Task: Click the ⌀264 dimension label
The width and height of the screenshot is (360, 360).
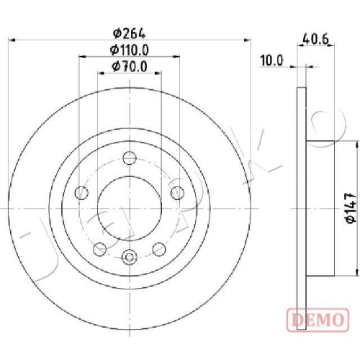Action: [x=130, y=34]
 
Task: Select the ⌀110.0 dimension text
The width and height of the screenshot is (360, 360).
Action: [x=130, y=50]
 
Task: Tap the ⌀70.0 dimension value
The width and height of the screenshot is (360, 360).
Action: [x=130, y=66]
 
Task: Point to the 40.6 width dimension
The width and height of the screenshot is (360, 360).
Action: [x=315, y=39]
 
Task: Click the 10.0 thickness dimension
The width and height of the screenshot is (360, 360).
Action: [x=272, y=60]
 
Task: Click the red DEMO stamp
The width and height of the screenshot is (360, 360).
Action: [x=318, y=319]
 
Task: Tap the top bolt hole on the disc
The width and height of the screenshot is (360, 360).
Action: [x=130, y=158]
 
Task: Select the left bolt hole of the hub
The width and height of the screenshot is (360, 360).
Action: [x=81, y=192]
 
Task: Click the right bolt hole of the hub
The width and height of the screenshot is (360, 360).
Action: [x=177, y=192]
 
